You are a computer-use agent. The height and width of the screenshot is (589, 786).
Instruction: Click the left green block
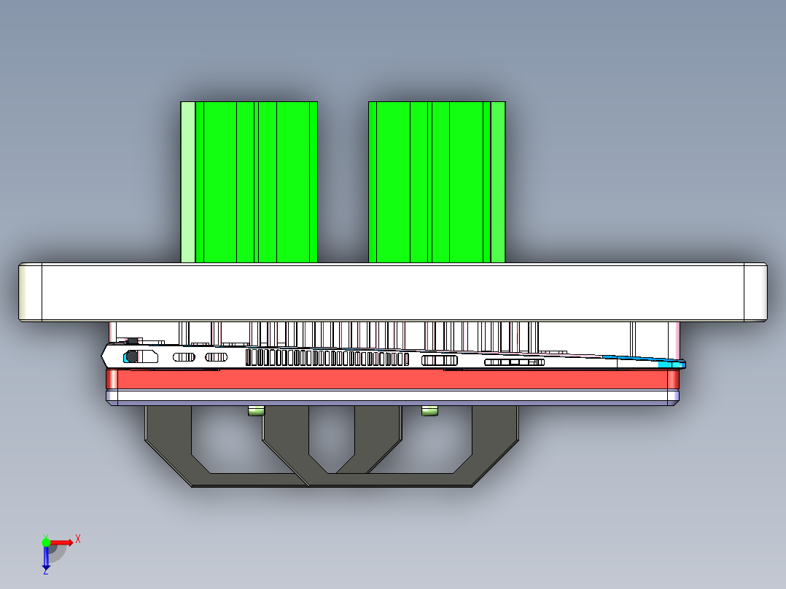[255, 182]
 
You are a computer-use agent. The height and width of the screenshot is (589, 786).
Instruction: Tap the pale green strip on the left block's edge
[187, 182]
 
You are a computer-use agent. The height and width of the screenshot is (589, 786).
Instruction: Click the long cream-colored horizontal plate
[394, 292]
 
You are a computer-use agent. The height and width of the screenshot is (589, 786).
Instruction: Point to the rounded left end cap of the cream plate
[30, 292]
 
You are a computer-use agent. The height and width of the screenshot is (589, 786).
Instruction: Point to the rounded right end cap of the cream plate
[755, 292]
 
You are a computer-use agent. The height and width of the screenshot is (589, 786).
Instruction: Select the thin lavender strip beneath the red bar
[394, 397]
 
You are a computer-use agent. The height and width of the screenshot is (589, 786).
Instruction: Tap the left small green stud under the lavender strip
[256, 412]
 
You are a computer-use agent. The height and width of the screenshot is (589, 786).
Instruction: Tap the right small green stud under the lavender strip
[430, 412]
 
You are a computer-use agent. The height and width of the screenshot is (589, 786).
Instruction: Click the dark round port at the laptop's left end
[132, 356]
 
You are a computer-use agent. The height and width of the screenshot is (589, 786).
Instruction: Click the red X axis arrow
[62, 542]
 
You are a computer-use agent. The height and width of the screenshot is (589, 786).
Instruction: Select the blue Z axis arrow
[46, 557]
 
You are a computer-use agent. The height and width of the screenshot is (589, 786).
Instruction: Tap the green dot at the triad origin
[46, 542]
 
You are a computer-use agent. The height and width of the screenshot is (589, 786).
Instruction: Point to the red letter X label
[78, 539]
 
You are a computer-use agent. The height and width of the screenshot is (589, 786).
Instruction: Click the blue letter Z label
[45, 571]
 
